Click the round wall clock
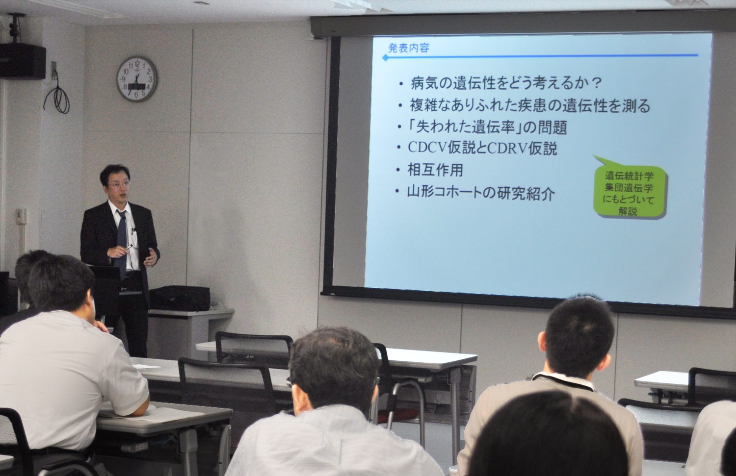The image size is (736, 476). pyautogui.click(x=137, y=79)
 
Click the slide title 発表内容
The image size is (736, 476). pyautogui.click(x=408, y=49)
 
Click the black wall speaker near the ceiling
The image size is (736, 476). pyautogui.click(x=23, y=61)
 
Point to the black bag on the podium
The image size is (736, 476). pyautogui.click(x=180, y=299)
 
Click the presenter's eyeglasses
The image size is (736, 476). pyautogui.click(x=117, y=185)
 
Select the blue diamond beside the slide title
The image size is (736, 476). pyautogui.click(x=385, y=58)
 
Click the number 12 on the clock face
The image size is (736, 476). pyautogui.click(x=137, y=63)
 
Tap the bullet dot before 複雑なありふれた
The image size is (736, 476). pyautogui.click(x=400, y=106)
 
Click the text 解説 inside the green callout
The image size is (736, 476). pyautogui.click(x=627, y=212)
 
